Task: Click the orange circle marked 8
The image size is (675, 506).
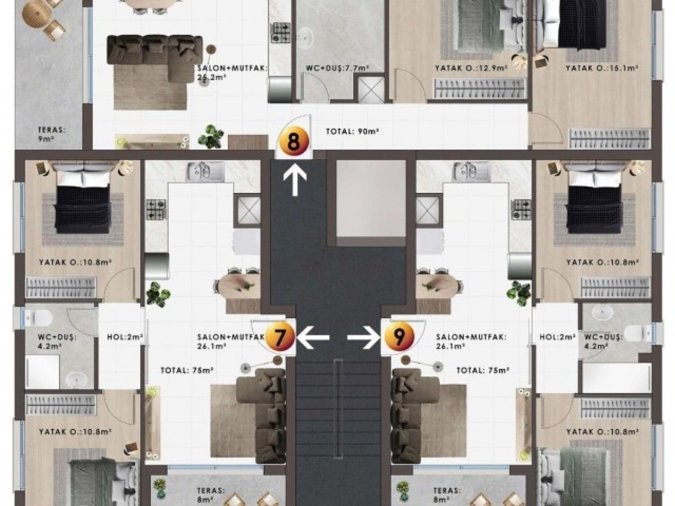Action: click(294, 142)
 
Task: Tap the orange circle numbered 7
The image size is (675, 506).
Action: click(279, 336)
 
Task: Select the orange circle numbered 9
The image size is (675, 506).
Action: click(399, 336)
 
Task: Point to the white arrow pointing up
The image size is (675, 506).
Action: click(295, 180)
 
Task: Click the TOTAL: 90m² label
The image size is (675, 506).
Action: click(353, 132)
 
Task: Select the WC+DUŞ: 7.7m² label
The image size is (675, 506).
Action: click(337, 68)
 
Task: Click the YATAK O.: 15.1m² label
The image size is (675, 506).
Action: click(601, 68)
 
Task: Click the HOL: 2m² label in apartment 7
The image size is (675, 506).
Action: click(125, 337)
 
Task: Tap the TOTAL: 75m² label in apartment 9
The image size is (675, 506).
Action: click(483, 371)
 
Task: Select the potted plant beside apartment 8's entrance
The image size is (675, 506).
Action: click(211, 137)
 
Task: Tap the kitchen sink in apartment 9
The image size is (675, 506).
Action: click(470, 171)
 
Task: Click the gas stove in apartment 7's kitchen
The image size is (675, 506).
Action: click(156, 210)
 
